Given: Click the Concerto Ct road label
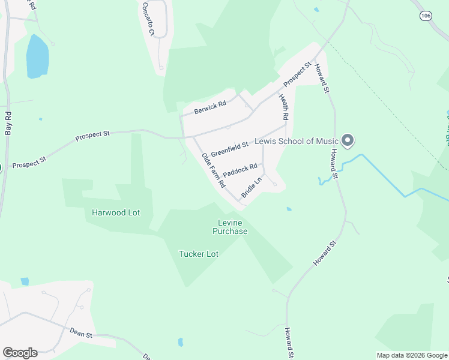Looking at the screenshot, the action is point(148,19).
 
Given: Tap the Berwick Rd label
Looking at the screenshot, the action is point(211,107).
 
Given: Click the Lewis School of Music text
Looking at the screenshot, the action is point(297,142).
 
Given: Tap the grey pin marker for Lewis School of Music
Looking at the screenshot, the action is point(348,141).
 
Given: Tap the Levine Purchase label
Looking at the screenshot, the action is point(230,227).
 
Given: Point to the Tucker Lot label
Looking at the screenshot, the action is point(199,254).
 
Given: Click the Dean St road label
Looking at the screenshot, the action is point(80,333).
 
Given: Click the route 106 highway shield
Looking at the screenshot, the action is point(426,16).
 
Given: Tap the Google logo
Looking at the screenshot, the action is point(20,353).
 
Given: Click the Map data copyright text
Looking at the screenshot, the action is point(412,355).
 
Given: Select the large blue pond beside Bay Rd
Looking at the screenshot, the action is point(37,57).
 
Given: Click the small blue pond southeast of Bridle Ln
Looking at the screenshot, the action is point(289,209).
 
